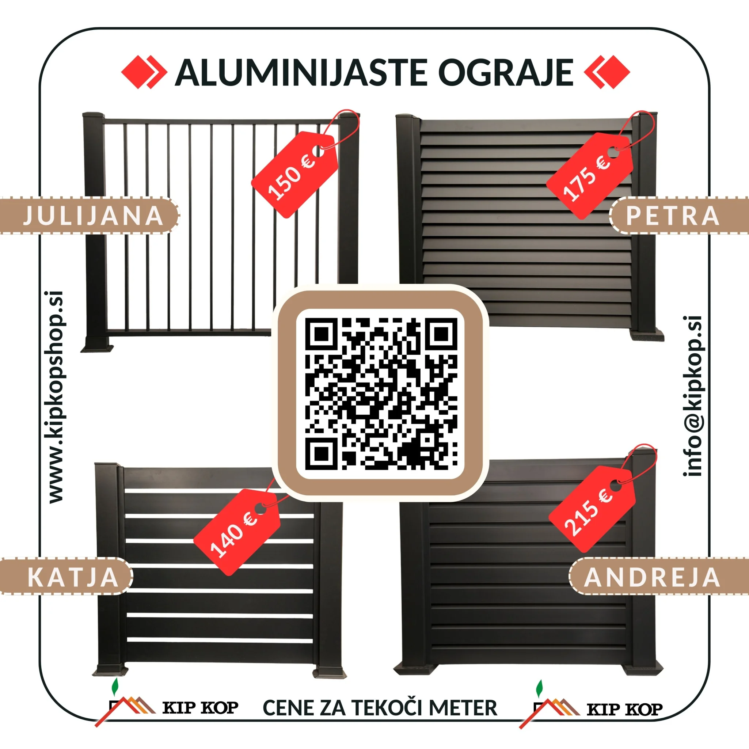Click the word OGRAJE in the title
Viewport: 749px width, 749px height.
pyautogui.click(x=506, y=73)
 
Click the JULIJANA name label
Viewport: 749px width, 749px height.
pyautogui.click(x=93, y=216)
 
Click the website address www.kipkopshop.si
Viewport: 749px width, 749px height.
pyautogui.click(x=56, y=398)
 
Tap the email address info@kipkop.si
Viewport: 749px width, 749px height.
pyautogui.click(x=692, y=395)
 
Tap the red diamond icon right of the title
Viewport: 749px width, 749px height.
pyautogui.click(x=607, y=72)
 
